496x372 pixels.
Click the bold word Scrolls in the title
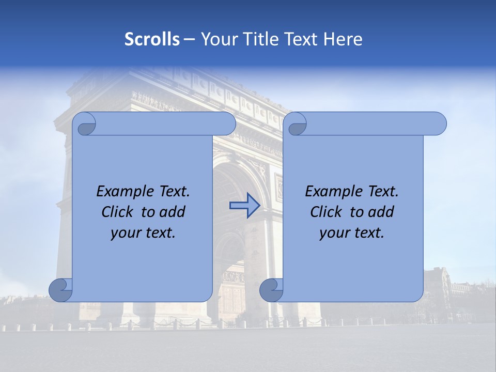(x=152, y=39)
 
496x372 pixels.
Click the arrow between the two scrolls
(x=244, y=206)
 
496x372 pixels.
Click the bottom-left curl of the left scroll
(x=61, y=290)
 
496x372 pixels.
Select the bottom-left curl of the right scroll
(x=271, y=290)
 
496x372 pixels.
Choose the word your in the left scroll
(x=125, y=233)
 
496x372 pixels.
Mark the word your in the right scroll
(x=334, y=233)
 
